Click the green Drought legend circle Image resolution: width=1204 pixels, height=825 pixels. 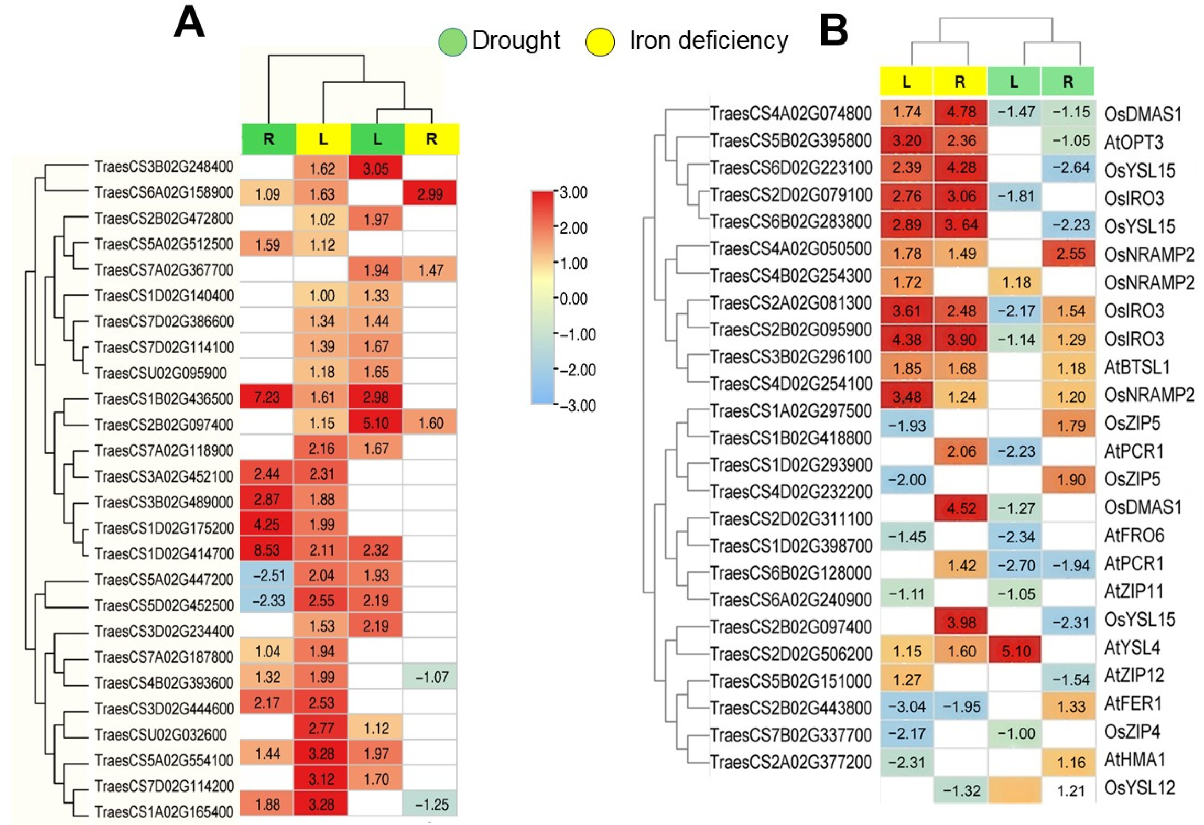pos(452,42)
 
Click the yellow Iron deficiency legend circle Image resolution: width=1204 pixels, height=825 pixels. pos(600,42)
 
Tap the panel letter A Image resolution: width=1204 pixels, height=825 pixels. pos(189,24)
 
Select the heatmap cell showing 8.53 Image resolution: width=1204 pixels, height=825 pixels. pos(267,550)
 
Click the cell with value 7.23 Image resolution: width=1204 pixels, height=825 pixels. pos(267,397)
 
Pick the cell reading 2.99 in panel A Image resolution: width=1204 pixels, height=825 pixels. pos(430,194)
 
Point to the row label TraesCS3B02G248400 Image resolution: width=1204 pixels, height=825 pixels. pos(164,167)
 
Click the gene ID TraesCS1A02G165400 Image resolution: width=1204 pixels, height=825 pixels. pos(164,812)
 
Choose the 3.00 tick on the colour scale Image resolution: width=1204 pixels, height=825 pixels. pos(573,192)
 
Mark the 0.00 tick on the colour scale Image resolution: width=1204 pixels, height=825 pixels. pos(573,299)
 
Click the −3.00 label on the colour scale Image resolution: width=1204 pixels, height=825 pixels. pos(577,405)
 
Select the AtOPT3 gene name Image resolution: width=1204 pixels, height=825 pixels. pos(1133,142)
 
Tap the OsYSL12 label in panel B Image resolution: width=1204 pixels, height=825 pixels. pos(1139,788)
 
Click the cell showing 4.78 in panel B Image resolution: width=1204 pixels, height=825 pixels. pos(961,112)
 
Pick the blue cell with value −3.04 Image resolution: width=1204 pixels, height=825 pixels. pos(907,707)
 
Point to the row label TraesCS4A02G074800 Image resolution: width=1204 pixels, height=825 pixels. pos(790,113)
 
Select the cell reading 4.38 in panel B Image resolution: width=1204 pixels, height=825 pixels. pos(907,339)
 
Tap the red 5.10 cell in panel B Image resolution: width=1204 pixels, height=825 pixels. pos(1016,651)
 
